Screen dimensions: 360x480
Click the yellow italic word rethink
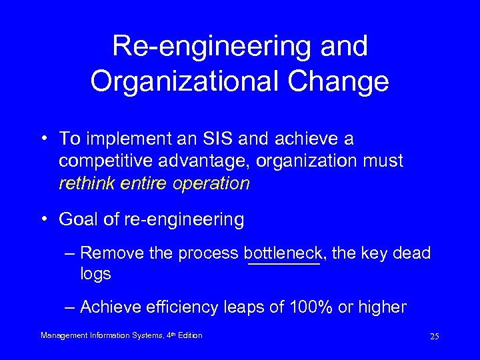(x=83, y=183)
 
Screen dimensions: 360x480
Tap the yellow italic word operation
(x=217, y=183)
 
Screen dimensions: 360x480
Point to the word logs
(x=95, y=274)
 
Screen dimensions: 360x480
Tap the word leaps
(x=245, y=307)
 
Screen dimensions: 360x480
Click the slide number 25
(x=434, y=336)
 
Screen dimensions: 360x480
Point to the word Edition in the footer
(x=190, y=335)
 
